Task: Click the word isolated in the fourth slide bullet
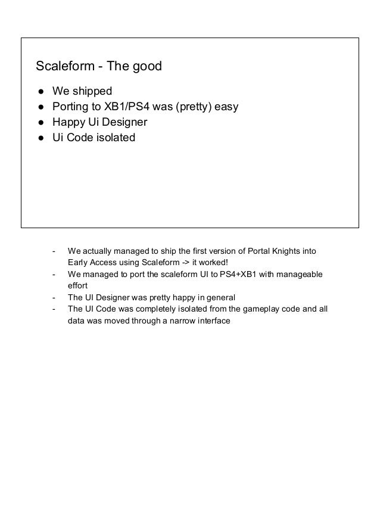click(x=115, y=138)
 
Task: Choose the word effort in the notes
click(x=77, y=286)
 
